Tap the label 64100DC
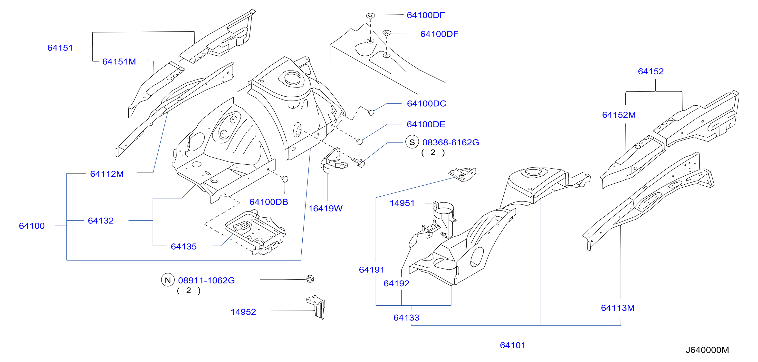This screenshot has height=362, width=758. [426, 103]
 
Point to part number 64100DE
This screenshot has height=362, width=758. [426, 124]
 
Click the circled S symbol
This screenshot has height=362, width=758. [412, 142]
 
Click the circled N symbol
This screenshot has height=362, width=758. [168, 280]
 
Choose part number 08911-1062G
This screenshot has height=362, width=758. [206, 281]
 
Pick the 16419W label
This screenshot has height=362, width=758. [325, 209]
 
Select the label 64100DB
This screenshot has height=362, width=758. [269, 202]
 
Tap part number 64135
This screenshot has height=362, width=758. [184, 247]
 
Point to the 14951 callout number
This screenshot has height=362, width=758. [402, 203]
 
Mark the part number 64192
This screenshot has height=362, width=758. [396, 283]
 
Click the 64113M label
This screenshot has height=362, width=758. [618, 308]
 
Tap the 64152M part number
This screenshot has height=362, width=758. [619, 115]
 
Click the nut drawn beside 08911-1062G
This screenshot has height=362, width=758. [310, 279]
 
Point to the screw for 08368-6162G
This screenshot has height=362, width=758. [358, 162]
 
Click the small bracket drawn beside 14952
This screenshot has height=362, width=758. [316, 308]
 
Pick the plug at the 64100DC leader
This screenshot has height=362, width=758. [371, 112]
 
